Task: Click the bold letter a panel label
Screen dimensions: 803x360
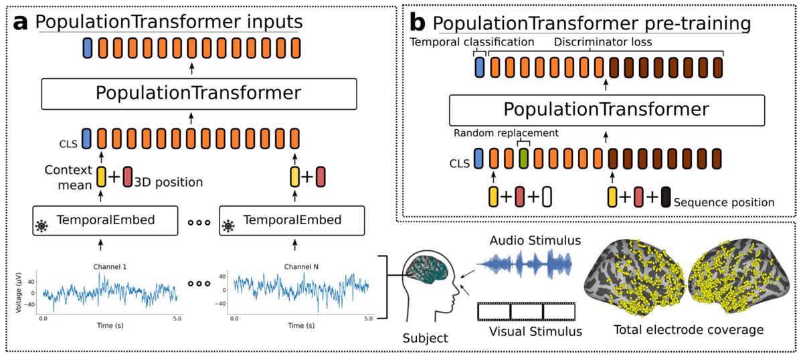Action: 20,23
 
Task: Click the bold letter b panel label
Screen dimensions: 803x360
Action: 418,23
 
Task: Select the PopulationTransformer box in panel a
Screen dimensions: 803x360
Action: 199,94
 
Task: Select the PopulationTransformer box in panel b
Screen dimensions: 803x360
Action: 607,110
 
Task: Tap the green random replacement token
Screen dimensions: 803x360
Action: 524,159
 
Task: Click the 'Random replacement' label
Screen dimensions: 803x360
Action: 506,133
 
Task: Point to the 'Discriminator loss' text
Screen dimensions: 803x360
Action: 603,42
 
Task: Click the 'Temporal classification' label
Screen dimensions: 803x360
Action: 472,42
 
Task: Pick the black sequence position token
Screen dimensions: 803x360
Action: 666,197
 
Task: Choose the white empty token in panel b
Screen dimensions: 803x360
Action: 547,197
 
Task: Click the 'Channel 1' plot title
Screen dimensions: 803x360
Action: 110,267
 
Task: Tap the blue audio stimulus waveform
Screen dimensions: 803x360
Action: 524,264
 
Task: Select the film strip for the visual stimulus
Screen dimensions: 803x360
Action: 526,311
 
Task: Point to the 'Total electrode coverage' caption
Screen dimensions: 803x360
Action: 689,329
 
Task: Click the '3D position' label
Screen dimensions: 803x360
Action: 169,182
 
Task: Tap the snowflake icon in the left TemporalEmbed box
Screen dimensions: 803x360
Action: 42,226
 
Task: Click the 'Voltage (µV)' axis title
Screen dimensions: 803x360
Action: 19,292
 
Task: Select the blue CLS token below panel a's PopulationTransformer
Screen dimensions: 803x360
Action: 86,139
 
